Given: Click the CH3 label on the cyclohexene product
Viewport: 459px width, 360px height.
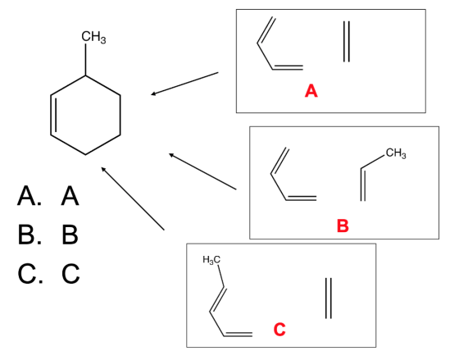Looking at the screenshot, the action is pyautogui.click(x=93, y=37).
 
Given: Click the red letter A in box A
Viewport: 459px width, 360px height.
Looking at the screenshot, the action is pyautogui.click(x=311, y=91).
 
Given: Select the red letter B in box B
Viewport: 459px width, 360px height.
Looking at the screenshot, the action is pyautogui.click(x=343, y=226).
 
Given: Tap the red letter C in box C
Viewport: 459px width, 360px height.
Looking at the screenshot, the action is pyautogui.click(x=279, y=329).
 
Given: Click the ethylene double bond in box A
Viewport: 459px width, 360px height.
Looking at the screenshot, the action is pyautogui.click(x=346, y=42).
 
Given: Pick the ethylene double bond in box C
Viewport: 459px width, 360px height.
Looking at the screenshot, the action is pyautogui.click(x=329, y=298).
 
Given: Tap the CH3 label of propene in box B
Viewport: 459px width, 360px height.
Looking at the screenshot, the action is pyautogui.click(x=396, y=153).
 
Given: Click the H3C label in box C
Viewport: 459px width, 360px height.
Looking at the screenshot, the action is pyautogui.click(x=211, y=259).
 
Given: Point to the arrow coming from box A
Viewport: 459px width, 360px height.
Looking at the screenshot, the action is pyautogui.click(x=184, y=84).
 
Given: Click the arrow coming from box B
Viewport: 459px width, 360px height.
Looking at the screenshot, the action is pyautogui.click(x=202, y=171).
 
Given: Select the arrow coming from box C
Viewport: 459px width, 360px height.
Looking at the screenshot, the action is pyautogui.click(x=133, y=198).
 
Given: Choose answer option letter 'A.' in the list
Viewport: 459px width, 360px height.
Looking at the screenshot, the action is pyautogui.click(x=30, y=196).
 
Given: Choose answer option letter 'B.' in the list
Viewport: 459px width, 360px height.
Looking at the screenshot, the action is pyautogui.click(x=30, y=235).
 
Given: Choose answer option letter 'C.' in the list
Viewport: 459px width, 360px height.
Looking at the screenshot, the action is pyautogui.click(x=30, y=274).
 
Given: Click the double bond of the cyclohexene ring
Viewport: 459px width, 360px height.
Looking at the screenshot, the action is pyautogui.click(x=53, y=115).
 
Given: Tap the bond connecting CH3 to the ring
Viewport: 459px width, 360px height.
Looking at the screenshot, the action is pyautogui.click(x=85, y=60).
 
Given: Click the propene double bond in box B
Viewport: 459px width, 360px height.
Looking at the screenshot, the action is pyautogui.click(x=363, y=185).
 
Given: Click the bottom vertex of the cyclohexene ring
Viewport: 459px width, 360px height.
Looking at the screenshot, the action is pyautogui.click(x=85, y=154).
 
